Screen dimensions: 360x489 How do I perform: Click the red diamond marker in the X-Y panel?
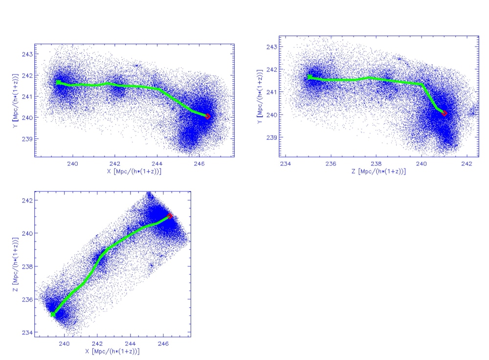click(208, 116)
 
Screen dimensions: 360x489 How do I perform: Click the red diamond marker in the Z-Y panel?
click(444, 113)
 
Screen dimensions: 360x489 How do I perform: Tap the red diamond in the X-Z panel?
click(170, 216)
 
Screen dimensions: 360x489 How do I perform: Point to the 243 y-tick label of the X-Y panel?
click(27, 54)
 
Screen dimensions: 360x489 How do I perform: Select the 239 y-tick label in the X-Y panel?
click(27, 138)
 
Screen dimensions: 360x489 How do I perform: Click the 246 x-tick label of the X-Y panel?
click(199, 164)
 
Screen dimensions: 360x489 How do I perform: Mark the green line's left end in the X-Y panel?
click(58, 83)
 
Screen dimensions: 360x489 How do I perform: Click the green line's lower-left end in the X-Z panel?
click(52, 314)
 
